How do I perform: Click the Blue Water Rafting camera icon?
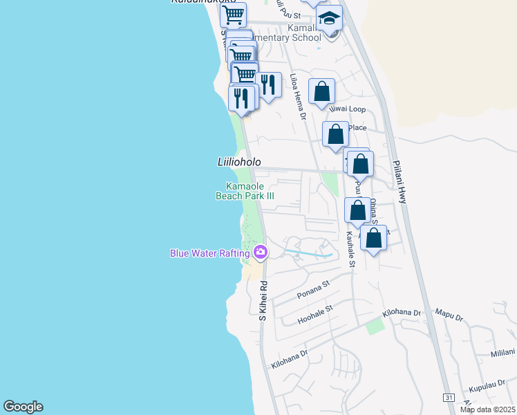click(x=261, y=252)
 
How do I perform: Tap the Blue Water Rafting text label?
click(x=210, y=253)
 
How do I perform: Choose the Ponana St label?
click(x=313, y=288)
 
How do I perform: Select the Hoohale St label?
click(x=314, y=315)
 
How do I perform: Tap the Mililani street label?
click(x=503, y=353)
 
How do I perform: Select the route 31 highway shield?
click(x=449, y=398)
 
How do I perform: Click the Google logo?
click(x=23, y=407)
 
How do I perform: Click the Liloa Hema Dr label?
click(x=298, y=97)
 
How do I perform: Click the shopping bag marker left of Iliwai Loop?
click(x=321, y=91)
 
